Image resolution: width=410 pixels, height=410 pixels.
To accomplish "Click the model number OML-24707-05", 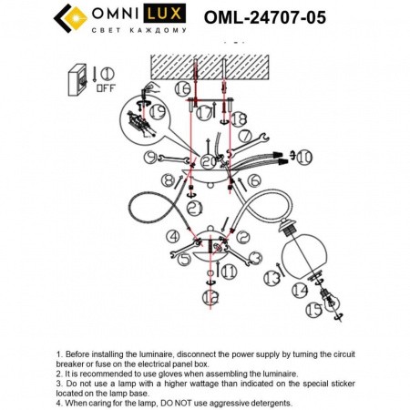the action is [265, 17].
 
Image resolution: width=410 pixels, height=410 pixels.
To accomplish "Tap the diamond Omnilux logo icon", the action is [71, 18].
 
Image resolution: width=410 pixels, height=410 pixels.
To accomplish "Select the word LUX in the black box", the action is [164, 13].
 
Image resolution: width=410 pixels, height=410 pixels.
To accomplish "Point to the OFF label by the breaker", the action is [106, 88].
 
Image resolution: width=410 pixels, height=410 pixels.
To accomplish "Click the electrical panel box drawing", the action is [77, 79].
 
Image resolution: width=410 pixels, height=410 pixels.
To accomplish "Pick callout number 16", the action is [182, 88].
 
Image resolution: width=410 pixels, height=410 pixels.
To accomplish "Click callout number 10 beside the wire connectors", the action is [304, 157].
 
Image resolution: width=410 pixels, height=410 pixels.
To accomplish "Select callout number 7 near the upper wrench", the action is [245, 136].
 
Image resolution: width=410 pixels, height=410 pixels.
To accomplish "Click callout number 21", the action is [194, 208].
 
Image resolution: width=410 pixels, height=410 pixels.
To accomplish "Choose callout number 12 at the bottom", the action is [210, 297].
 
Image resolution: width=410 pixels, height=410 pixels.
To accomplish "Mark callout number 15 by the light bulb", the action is [313, 310].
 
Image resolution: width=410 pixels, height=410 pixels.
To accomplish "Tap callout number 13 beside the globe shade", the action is [272, 278].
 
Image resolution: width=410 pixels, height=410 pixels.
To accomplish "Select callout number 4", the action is [173, 236].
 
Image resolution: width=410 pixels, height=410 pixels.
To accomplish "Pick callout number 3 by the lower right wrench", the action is [255, 258].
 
